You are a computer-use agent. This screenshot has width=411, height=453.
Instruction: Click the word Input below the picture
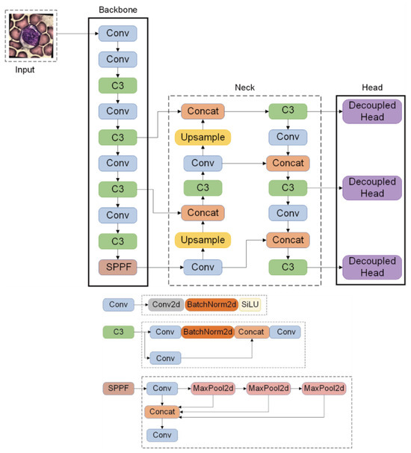click(x=31, y=70)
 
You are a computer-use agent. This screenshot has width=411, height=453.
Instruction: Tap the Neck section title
click(x=244, y=87)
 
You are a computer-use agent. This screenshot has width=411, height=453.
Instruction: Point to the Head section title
click(x=371, y=87)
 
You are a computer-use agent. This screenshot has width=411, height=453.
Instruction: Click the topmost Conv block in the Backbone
click(x=117, y=34)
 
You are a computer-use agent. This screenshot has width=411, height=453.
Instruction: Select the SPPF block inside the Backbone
click(x=117, y=265)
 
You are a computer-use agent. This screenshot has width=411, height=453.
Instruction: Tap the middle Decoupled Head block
click(x=372, y=188)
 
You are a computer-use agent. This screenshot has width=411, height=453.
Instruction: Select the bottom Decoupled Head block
click(x=372, y=265)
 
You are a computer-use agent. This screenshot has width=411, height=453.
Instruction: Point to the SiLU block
click(x=250, y=304)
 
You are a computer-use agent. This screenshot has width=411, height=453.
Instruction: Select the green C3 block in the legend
click(x=117, y=331)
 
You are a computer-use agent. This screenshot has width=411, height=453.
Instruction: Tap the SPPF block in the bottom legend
click(x=117, y=389)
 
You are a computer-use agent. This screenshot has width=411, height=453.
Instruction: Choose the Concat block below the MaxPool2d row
click(x=162, y=411)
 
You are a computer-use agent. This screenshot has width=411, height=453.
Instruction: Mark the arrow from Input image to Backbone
click(x=77, y=34)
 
